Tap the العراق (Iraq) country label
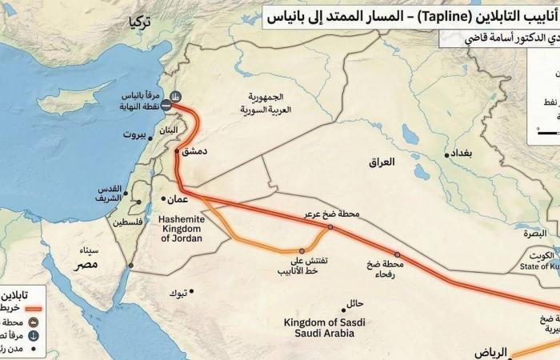pyautogui.click(x=382, y=162)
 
